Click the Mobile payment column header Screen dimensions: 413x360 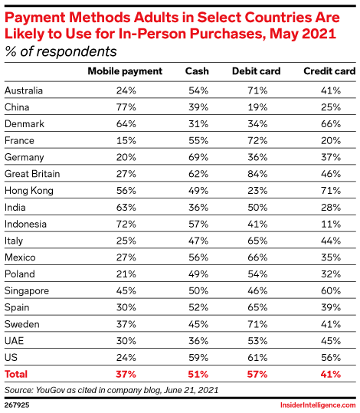pyautogui.click(x=125, y=71)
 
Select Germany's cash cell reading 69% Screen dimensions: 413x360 pyautogui.click(x=198, y=158)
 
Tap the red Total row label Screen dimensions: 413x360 pyautogui.click(x=18, y=373)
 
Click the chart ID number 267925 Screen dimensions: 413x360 pyautogui.click(x=18, y=404)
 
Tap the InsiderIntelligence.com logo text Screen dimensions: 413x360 pyautogui.click(x=316, y=404)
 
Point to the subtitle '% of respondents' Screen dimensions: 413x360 pyautogui.click(x=61, y=51)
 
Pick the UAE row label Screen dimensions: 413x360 pyautogui.click(x=16, y=340)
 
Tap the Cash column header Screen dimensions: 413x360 pyautogui.click(x=198, y=71)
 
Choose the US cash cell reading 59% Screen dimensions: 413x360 pyautogui.click(x=198, y=357)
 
